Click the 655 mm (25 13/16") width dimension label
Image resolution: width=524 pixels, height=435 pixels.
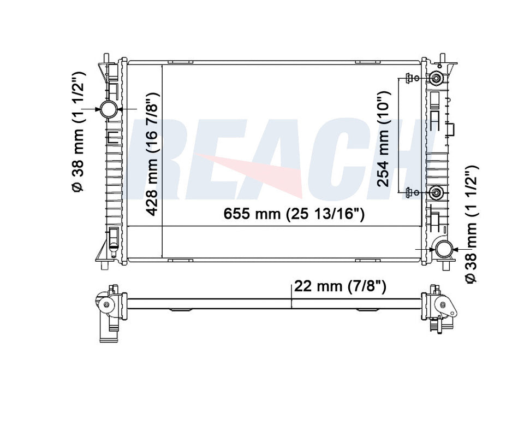[x=294, y=213]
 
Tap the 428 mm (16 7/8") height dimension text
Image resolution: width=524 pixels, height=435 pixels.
[x=152, y=154]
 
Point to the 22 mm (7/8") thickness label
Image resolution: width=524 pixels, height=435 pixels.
[x=340, y=286]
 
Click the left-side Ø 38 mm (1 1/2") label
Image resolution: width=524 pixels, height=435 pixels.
[x=78, y=132]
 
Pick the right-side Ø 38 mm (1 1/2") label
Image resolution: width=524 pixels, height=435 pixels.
[x=471, y=224]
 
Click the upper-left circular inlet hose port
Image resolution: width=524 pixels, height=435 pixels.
[x=109, y=109]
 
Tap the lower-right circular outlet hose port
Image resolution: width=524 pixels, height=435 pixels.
[x=444, y=249]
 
